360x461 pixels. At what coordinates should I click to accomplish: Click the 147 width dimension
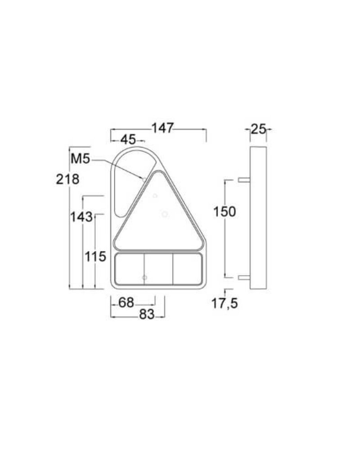pyautogui.click(x=162, y=128)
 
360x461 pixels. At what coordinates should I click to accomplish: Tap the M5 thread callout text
pyautogui.click(x=81, y=159)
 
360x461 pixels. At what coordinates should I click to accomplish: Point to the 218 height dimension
pyautogui.click(x=67, y=179)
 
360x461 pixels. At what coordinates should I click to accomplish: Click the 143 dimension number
pyautogui.click(x=81, y=217)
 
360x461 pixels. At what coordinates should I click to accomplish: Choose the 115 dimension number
pyautogui.click(x=95, y=257)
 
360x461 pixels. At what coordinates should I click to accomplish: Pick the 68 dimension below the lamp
pyautogui.click(x=126, y=303)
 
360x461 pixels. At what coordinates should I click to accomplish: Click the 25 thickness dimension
pyautogui.click(x=258, y=130)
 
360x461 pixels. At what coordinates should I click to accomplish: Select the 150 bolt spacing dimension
pyautogui.click(x=225, y=211)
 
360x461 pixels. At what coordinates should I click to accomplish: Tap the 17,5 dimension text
pyautogui.click(x=225, y=304)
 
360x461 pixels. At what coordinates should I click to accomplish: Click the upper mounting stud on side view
pyautogui.click(x=244, y=180)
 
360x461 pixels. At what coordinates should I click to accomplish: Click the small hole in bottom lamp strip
pyautogui.click(x=144, y=277)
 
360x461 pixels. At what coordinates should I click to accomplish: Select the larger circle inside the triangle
pyautogui.click(x=165, y=214)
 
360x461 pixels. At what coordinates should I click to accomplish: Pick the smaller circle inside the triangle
pyautogui.click(x=155, y=195)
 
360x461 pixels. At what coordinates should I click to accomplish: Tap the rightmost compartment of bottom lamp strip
pyautogui.click(x=187, y=269)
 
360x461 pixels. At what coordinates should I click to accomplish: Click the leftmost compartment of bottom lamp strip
pyautogui.click(x=130, y=269)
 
